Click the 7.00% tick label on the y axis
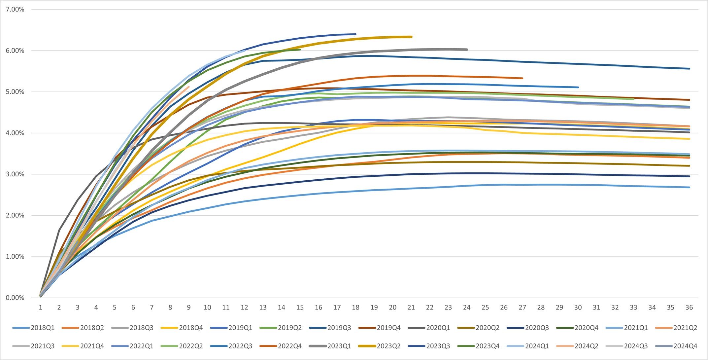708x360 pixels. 15,10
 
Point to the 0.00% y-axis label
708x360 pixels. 15,298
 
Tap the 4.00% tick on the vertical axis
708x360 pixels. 15,133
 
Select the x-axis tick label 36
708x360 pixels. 689,307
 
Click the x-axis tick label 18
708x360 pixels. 355,307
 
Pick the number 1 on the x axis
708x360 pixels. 41,307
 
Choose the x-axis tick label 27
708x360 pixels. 522,307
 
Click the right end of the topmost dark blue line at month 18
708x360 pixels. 355,34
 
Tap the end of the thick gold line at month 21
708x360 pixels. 411,37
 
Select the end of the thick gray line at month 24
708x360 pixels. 467,50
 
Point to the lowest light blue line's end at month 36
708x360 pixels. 689,187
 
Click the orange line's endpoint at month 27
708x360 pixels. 522,78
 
